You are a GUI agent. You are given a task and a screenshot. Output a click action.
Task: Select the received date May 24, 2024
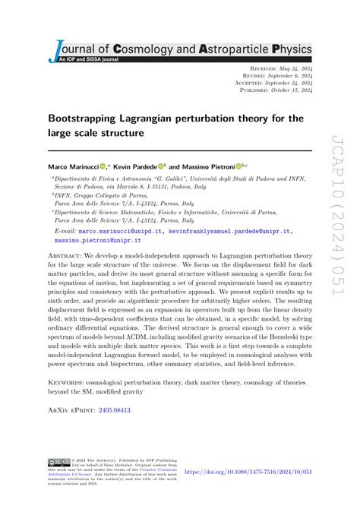(293, 68)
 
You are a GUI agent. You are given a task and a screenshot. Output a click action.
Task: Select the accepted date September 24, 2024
(286, 83)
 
